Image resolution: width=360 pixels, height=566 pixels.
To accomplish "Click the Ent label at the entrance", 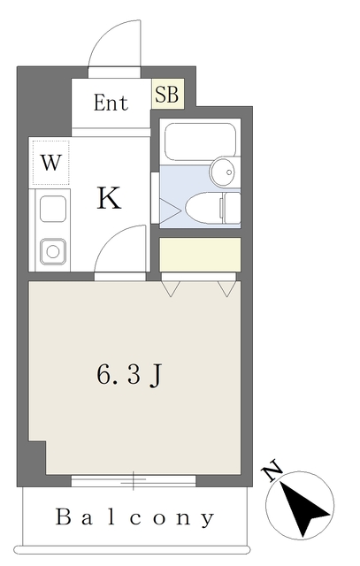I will click(x=111, y=103).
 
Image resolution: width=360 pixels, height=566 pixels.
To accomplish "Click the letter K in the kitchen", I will click(x=108, y=199).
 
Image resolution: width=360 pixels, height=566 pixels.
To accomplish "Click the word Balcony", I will click(x=134, y=517).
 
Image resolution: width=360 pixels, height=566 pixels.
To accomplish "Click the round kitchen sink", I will click(x=52, y=252).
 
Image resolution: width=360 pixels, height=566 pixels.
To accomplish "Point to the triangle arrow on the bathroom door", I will click(x=166, y=210).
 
